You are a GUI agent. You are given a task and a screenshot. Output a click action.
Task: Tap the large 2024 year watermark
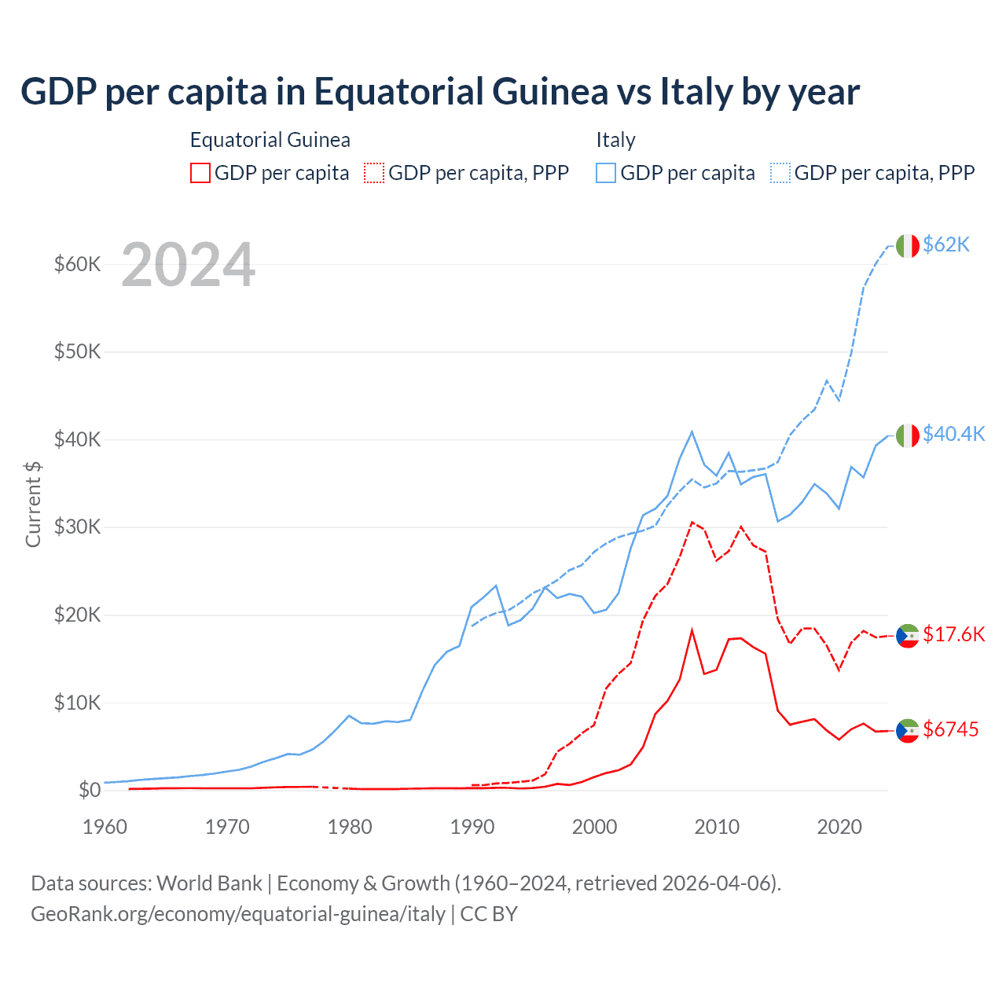coord(188,265)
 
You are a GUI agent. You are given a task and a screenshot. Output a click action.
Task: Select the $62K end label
coord(946,244)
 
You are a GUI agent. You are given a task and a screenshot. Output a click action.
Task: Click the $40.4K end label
coord(953,434)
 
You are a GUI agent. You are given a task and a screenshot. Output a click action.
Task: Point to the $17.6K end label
coord(953,634)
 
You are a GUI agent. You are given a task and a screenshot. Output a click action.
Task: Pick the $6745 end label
coord(950,729)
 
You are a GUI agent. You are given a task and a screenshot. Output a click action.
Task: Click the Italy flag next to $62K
coord(908,246)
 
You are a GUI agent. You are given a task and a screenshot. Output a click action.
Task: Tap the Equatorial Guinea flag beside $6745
coord(908,730)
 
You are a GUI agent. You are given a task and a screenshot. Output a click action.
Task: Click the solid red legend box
coord(200,173)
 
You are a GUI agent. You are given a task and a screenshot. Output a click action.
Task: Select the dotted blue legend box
coord(780,173)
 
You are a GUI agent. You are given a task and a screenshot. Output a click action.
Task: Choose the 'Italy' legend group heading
coord(615,140)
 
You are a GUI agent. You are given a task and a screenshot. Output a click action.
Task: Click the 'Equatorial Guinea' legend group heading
coord(270,140)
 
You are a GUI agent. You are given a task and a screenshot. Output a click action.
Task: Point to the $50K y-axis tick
coord(77,351)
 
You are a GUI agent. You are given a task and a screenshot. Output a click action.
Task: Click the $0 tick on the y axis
coord(89,790)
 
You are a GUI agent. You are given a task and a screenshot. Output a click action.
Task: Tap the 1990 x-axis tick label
coord(472,827)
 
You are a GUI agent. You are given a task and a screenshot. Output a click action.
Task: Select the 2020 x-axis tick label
coord(839,827)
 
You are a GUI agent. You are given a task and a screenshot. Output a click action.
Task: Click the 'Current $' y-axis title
coord(33,504)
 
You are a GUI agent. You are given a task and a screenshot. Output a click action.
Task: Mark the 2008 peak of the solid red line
coord(692,630)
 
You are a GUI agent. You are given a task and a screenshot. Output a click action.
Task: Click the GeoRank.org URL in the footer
coord(238,914)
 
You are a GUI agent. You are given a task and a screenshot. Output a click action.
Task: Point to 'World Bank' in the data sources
coord(209,883)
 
